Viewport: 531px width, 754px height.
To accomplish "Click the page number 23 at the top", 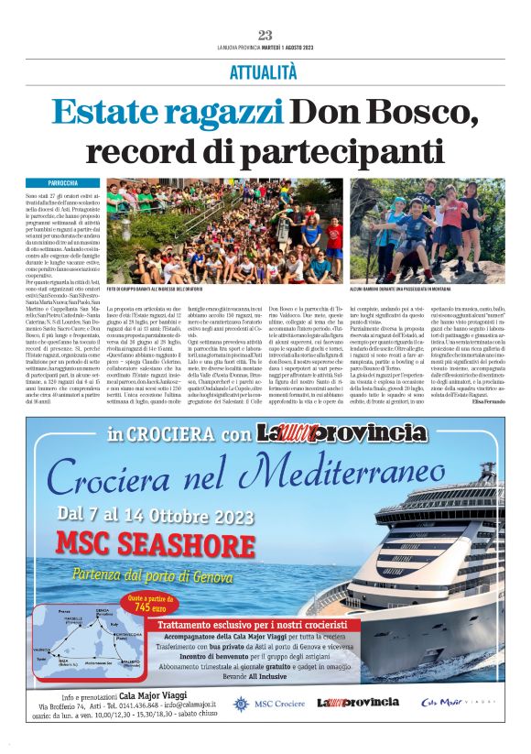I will tap(265, 35).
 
